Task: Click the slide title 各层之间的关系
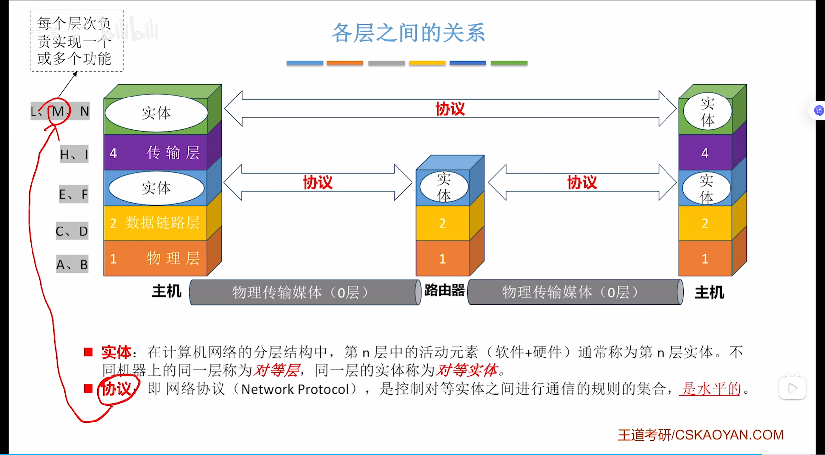tap(409, 33)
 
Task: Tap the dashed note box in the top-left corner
tap(77, 40)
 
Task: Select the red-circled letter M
tap(58, 111)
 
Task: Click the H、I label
tap(74, 154)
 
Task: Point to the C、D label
tap(72, 231)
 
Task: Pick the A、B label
tap(72, 265)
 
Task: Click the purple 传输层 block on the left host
tap(156, 153)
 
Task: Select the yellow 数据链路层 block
tap(156, 223)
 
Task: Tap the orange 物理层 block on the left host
tap(156, 258)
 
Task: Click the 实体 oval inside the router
tap(444, 187)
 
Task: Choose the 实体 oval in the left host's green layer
tap(156, 113)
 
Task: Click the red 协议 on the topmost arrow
tap(450, 109)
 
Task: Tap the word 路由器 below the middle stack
tap(444, 291)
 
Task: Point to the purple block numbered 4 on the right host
tap(705, 153)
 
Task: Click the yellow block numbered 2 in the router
tap(442, 223)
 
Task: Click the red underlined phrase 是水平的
tap(710, 389)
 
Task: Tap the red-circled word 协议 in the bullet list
tap(117, 389)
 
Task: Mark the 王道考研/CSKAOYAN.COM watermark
tap(700, 435)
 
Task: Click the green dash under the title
tap(509, 63)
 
